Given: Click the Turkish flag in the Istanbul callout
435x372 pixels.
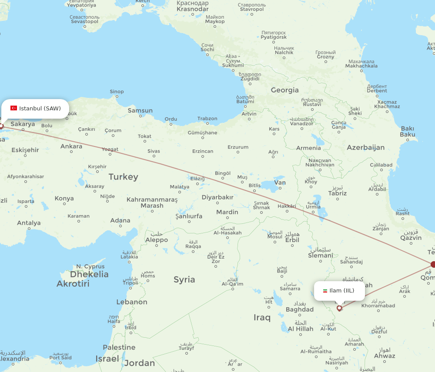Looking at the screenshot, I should (x=13, y=108).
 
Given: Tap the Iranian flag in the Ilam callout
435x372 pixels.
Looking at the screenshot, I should (x=325, y=291).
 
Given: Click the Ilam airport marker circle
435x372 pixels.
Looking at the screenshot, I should (x=339, y=308).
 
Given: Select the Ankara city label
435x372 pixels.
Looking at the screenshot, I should (x=71, y=146).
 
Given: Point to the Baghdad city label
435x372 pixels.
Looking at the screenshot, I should (x=299, y=309).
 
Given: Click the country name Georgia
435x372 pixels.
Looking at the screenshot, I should (x=284, y=90).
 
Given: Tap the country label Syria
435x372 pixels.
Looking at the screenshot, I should (x=184, y=279).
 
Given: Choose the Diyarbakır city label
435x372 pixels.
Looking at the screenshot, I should (x=217, y=197).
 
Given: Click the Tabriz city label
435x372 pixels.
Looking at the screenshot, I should (x=338, y=193).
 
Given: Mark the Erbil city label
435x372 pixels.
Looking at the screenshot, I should (x=292, y=240).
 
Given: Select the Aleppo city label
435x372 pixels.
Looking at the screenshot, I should (x=157, y=240).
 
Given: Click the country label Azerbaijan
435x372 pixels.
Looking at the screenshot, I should (x=365, y=147).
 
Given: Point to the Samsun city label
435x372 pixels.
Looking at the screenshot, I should (x=140, y=110).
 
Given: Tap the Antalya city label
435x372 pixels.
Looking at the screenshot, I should (x=29, y=223).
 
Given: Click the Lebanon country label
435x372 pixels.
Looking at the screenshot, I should (x=132, y=302).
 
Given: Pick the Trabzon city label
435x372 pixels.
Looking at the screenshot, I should (x=207, y=119).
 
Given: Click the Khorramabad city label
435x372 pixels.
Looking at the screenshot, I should (x=378, y=306).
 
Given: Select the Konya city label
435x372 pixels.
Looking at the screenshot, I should (x=64, y=199).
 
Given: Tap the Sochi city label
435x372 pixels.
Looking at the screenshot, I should (x=207, y=50).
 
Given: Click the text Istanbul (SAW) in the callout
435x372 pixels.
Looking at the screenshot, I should (x=40, y=108).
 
